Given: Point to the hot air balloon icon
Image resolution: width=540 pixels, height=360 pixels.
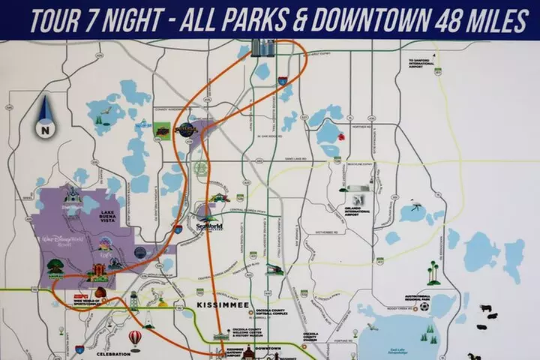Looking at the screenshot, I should click(x=135, y=338).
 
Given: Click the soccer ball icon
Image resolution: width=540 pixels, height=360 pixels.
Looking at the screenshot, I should click(x=424, y=306).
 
